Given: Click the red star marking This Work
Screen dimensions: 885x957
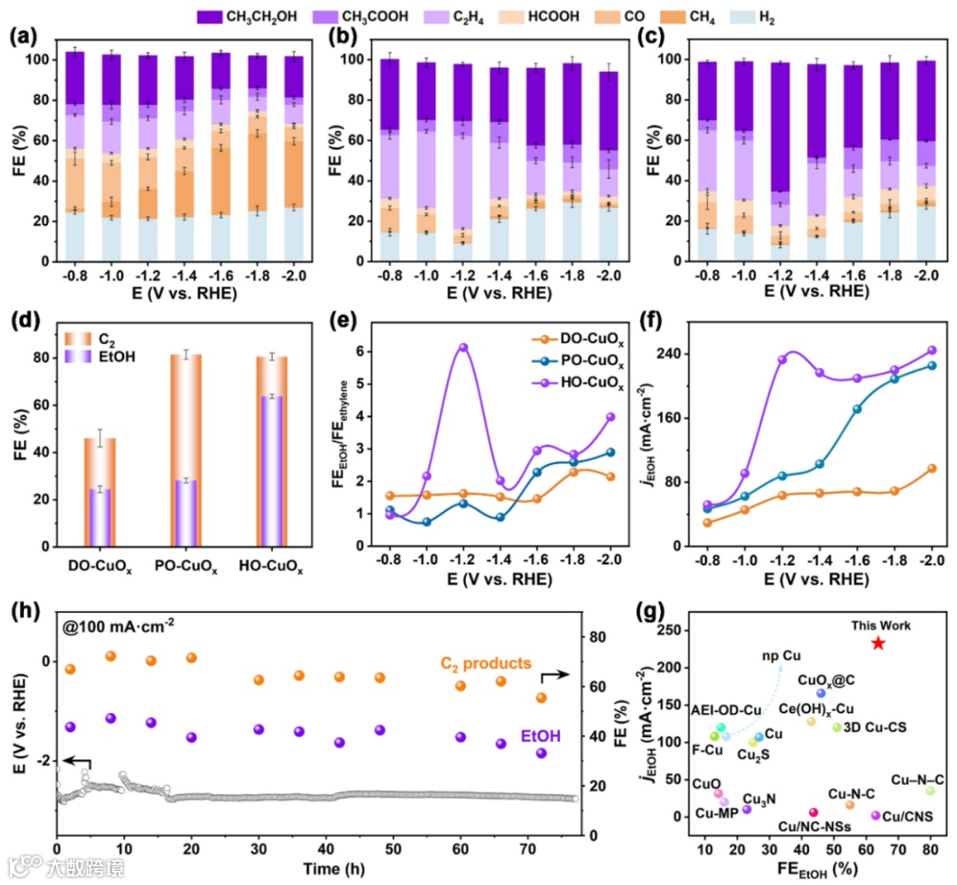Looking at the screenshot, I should pos(877,642).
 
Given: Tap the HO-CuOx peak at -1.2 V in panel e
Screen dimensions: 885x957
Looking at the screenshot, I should pos(463,347).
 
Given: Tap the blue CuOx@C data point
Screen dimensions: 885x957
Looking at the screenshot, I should pos(821,693).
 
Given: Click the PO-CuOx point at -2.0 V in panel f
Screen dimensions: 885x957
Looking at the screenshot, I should pos(930,365).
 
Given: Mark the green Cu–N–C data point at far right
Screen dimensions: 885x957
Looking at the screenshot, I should pos(930,791).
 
